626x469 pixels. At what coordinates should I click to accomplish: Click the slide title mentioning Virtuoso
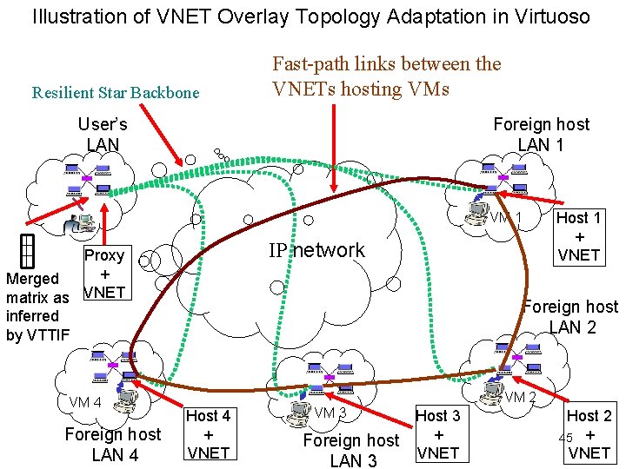(x=311, y=17)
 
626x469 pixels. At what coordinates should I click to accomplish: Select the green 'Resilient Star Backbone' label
(x=116, y=93)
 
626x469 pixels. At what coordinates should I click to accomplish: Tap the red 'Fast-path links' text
(x=386, y=76)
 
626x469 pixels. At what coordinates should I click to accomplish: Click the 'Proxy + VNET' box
(x=103, y=274)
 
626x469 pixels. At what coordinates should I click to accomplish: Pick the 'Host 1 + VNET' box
(x=578, y=236)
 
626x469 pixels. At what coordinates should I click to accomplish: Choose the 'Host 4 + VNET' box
(x=209, y=434)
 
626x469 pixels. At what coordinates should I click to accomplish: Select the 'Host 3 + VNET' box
(x=438, y=434)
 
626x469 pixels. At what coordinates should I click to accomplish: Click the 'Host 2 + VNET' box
(x=589, y=434)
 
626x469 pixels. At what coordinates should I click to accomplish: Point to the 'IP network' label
(x=316, y=251)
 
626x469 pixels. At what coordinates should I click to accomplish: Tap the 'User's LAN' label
(x=103, y=134)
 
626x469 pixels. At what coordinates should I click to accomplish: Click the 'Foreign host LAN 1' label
(x=541, y=134)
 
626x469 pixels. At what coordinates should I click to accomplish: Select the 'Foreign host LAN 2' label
(x=571, y=317)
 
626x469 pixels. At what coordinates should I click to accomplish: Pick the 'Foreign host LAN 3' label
(x=351, y=450)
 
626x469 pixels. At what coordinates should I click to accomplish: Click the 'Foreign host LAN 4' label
(x=113, y=444)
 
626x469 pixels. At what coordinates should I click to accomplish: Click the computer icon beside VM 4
(x=127, y=396)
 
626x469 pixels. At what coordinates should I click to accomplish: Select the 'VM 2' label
(x=521, y=398)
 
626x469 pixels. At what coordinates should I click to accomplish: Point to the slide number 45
(x=565, y=437)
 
